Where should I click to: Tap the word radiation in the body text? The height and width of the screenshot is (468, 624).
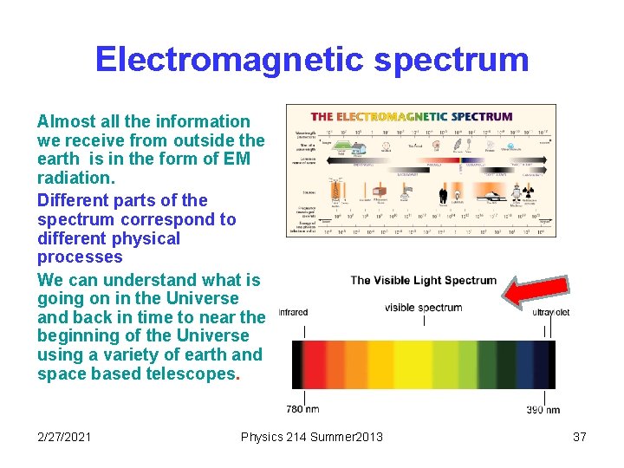click(x=75, y=178)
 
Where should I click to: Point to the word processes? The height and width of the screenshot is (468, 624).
click(x=80, y=257)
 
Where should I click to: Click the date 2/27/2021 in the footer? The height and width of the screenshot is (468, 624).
click(x=65, y=437)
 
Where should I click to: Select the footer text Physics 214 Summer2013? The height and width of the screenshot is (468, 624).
click(x=311, y=437)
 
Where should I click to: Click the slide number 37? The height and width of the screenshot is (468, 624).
click(x=580, y=437)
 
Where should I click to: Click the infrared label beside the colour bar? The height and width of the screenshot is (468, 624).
click(x=293, y=311)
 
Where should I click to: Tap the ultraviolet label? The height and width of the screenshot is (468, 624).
click(x=551, y=312)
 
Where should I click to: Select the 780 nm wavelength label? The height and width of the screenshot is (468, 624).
click(x=302, y=409)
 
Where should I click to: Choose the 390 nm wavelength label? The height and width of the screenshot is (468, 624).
click(x=543, y=409)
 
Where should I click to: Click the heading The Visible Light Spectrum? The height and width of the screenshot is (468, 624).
click(x=423, y=280)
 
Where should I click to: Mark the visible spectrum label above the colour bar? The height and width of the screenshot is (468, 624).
click(x=423, y=308)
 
